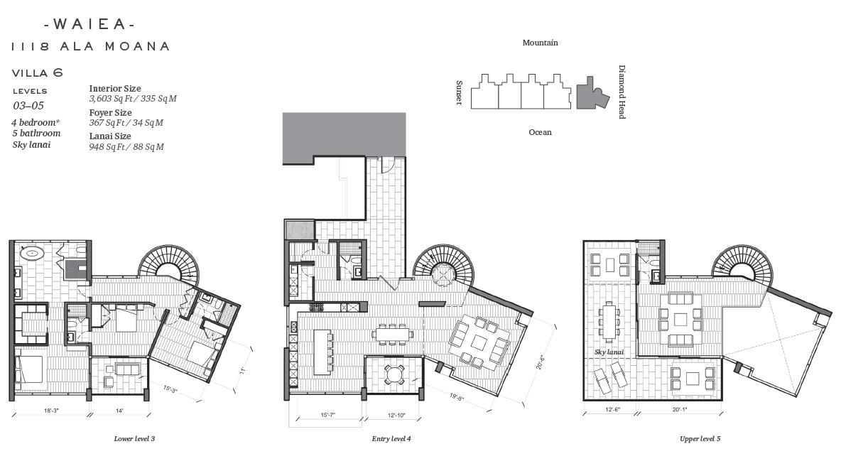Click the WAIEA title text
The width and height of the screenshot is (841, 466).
(x=89, y=24)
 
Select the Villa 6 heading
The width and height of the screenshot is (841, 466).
(x=37, y=73)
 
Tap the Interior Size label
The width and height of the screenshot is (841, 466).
(x=115, y=89)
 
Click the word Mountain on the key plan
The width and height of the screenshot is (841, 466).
(x=540, y=43)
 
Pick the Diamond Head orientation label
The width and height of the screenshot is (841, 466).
(x=622, y=92)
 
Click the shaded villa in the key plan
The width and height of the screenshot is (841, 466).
(x=592, y=94)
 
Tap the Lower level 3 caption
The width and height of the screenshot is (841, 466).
(x=134, y=439)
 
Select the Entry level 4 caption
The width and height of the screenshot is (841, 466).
(x=391, y=439)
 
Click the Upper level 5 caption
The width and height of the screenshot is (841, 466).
(x=700, y=439)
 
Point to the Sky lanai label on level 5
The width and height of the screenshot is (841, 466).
(x=609, y=352)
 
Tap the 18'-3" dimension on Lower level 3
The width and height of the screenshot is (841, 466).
(x=51, y=411)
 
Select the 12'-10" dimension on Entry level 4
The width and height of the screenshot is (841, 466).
(x=396, y=415)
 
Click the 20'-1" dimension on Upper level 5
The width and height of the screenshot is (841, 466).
(x=680, y=410)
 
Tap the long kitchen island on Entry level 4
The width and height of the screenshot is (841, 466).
(x=322, y=352)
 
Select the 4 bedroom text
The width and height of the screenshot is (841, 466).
(x=36, y=122)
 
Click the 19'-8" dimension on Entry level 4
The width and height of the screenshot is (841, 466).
(x=457, y=397)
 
